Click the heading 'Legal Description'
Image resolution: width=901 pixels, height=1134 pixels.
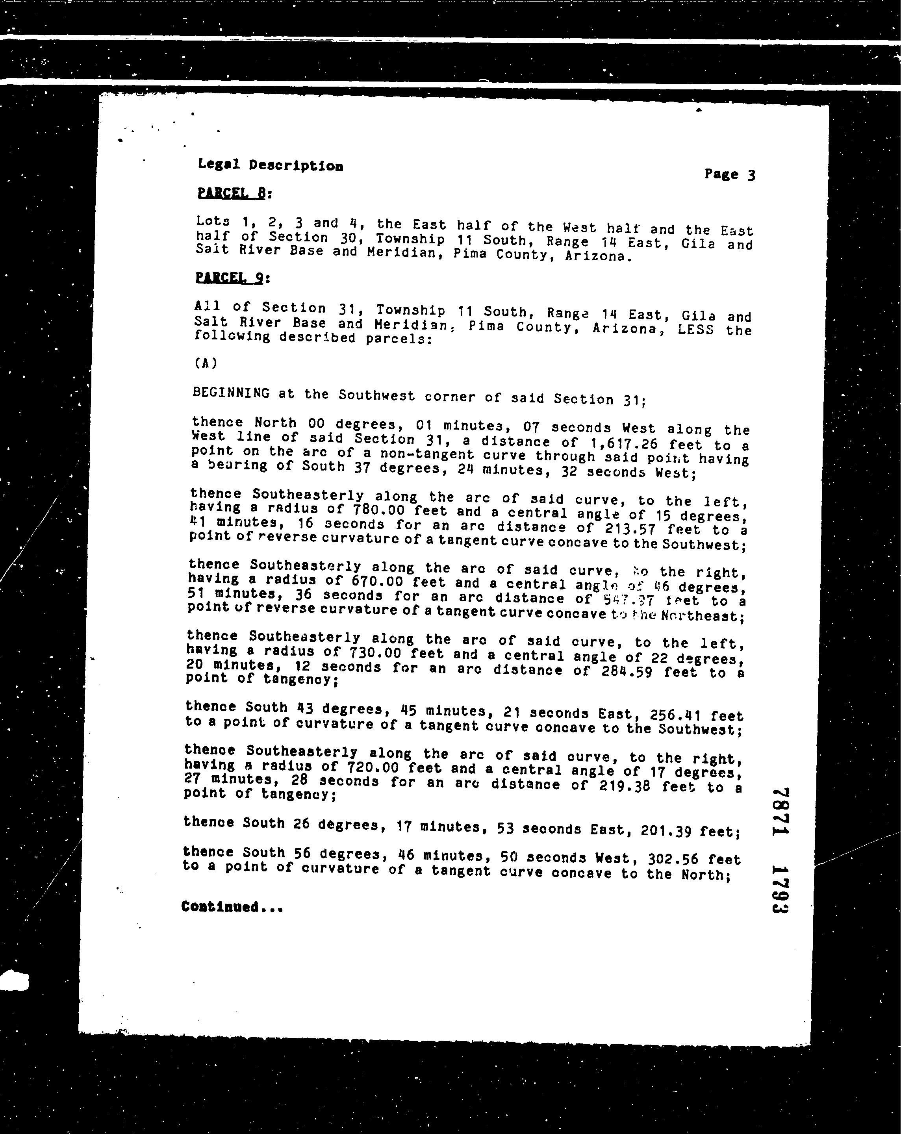(x=271, y=165)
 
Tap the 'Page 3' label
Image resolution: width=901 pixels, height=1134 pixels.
(x=730, y=174)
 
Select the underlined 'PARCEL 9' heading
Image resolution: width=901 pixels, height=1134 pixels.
(x=229, y=277)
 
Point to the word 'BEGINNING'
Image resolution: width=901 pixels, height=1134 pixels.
(x=232, y=393)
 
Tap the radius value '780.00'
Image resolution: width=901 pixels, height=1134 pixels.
(x=379, y=510)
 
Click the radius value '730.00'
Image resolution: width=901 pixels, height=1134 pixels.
(x=375, y=653)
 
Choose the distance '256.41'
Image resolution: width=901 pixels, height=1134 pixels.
(x=675, y=715)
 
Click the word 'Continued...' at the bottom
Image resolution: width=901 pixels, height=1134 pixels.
(x=232, y=907)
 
